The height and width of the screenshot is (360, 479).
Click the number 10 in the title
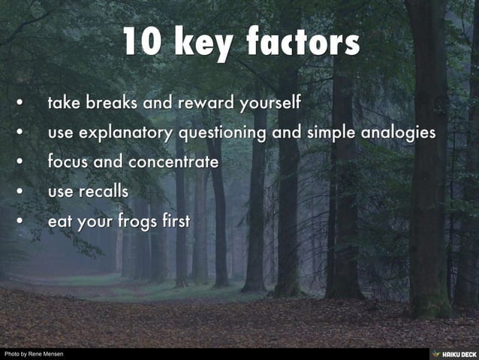pos(143,42)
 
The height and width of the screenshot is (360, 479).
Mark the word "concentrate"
pos(174,162)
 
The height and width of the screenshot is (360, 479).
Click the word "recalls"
pos(102,191)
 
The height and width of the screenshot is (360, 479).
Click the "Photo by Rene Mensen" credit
pos(34,354)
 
